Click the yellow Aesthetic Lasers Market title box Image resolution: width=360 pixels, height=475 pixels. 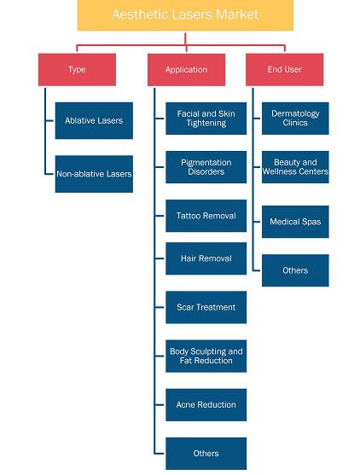185,15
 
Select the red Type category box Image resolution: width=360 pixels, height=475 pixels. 77,70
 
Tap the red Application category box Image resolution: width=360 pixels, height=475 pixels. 186,70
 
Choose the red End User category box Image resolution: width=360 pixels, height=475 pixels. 285,70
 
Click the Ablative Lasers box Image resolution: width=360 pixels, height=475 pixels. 94,120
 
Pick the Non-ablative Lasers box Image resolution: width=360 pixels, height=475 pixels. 94,174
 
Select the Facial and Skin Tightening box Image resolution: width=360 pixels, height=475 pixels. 206,119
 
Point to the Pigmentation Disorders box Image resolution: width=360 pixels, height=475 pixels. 206,167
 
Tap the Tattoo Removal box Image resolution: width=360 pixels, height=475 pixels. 206,216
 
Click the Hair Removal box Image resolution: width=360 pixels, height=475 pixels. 206,258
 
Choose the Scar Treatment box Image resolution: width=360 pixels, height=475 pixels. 206,307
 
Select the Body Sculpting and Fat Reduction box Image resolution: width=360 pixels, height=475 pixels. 206,356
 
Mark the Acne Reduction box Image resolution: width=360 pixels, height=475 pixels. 206,405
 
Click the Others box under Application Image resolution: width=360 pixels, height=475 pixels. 206,454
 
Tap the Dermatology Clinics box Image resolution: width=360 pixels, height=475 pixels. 295,119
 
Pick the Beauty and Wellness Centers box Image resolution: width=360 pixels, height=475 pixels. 295,167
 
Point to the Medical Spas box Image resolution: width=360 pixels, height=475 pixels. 295,222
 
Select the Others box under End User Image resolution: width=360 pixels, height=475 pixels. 295,270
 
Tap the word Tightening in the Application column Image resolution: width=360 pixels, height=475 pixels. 206,124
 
